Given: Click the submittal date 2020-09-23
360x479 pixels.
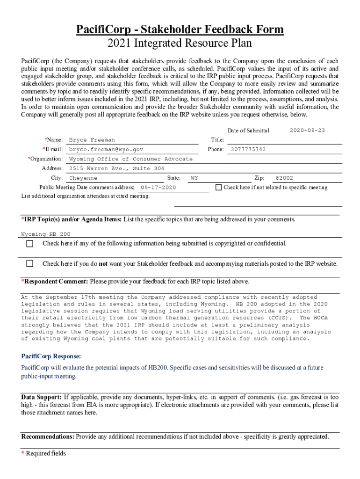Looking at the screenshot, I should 307,130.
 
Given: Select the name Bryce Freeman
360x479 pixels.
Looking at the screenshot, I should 92,140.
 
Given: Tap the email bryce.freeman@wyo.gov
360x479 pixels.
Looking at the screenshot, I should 106,149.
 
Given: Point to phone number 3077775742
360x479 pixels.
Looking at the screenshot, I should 248,149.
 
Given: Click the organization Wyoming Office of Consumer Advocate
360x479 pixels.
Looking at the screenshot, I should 130,159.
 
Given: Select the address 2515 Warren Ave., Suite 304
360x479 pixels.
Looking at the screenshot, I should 116,168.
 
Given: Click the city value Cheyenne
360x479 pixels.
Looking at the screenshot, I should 83,178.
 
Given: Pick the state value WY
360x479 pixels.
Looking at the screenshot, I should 194,178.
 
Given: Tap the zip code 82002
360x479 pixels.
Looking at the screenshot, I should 284,178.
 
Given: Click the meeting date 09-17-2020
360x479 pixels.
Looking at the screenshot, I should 158,188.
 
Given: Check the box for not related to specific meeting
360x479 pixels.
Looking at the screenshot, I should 218,187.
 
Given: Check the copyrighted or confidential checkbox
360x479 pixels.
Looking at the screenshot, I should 30,244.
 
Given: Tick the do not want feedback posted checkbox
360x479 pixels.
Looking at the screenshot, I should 30,263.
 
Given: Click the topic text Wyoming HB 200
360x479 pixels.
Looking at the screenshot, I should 46,234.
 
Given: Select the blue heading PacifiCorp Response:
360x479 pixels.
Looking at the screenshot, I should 48,356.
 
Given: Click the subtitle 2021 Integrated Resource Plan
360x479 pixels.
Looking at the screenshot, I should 180,44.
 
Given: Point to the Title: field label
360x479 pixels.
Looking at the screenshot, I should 217,140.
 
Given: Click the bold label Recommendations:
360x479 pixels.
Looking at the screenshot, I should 47,436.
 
